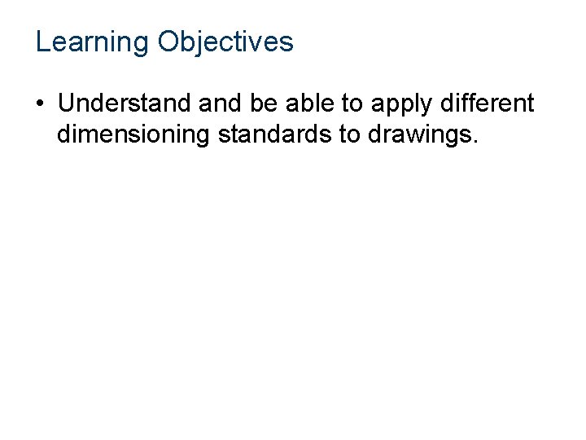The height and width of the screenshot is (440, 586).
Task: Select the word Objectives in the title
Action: (x=225, y=42)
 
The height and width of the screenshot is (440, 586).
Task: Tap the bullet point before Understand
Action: (x=40, y=105)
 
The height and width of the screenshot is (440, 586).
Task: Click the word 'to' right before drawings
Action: (x=349, y=134)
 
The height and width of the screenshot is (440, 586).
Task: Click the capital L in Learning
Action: (x=42, y=42)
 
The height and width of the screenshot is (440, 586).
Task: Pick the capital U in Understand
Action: (x=66, y=104)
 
